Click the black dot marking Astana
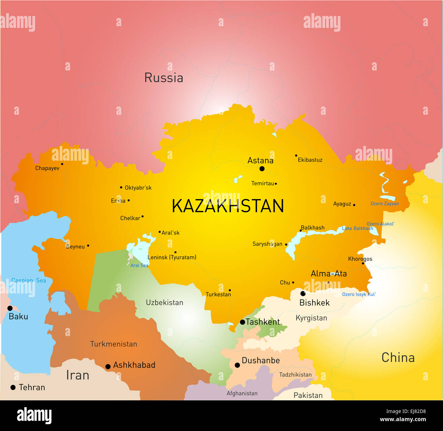point(262,169)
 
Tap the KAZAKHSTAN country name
point(228,206)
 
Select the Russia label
point(164,78)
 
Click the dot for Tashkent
point(242,322)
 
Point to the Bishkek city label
point(314,303)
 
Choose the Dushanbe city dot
point(237,365)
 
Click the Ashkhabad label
point(134,365)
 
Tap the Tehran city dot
point(13,387)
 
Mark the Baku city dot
point(10,308)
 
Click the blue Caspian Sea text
point(29,281)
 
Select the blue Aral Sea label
point(139,265)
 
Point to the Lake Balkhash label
point(357,228)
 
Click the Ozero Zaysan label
point(384,204)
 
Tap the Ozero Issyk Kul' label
point(358,294)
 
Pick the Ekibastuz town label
point(310,160)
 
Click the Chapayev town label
point(47,168)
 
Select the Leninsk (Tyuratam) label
point(172,257)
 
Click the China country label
point(398,357)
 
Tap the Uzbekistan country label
point(164,302)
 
